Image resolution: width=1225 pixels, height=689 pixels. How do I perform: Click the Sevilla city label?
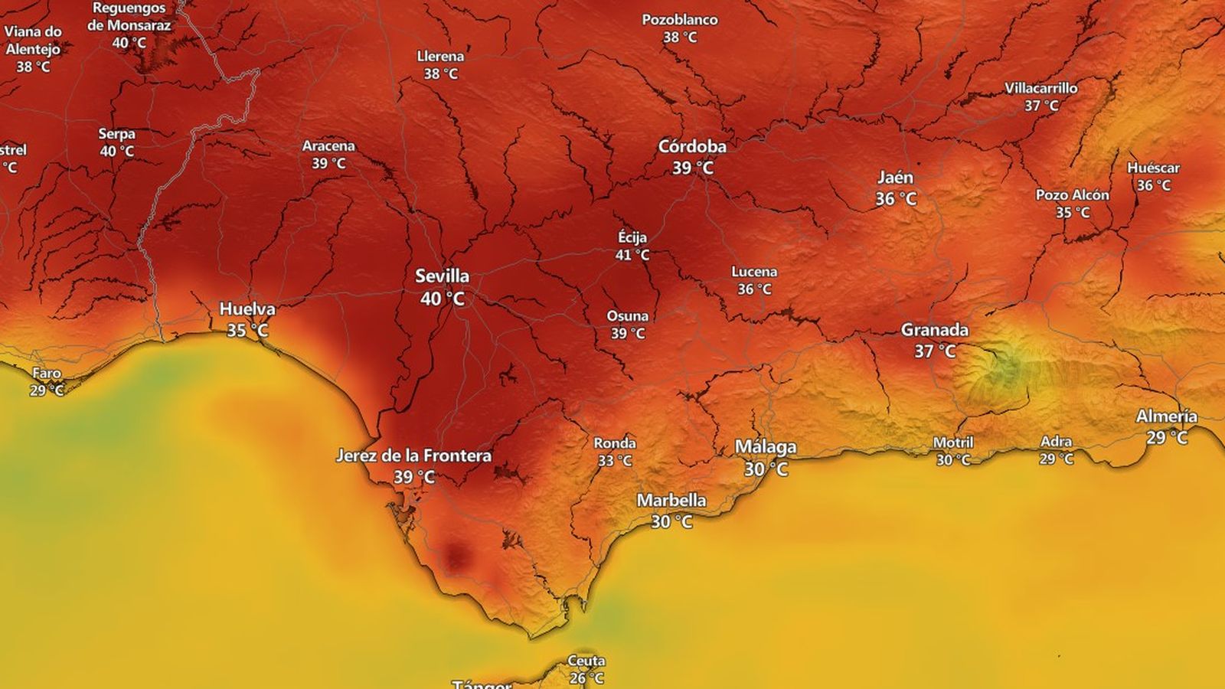[442, 276]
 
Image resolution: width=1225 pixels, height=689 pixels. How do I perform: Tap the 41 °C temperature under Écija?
[632, 255]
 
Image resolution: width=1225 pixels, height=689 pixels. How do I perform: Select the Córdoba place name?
[692, 146]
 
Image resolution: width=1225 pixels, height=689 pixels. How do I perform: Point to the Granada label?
[934, 330]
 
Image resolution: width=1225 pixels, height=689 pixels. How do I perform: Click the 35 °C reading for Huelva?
[247, 331]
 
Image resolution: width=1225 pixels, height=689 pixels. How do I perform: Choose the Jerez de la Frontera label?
[413, 456]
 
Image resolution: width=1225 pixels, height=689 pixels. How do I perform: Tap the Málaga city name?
[766, 446]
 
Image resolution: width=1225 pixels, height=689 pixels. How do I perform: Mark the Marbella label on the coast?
[671, 500]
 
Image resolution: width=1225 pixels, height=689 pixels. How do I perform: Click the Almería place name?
[1166, 416]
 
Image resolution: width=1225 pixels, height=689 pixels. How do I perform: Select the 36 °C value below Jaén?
[896, 199]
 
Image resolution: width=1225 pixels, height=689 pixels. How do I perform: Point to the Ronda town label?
[615, 443]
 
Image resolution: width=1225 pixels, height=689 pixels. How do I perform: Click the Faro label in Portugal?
[47, 373]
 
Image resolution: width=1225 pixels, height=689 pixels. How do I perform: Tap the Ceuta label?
[586, 661]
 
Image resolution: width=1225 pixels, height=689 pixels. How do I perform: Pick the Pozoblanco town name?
[680, 20]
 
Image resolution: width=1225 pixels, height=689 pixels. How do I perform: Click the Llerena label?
[440, 56]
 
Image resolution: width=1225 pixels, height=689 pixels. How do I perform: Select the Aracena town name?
[328, 145]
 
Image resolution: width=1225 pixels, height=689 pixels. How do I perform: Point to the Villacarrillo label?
[1041, 88]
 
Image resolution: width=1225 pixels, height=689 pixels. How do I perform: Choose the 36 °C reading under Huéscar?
[1154, 185]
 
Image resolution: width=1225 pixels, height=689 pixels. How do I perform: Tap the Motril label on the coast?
[953, 442]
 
